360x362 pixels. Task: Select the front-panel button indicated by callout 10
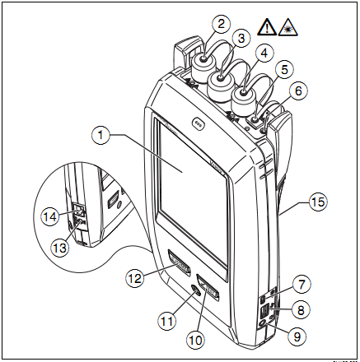pyautogui.click(x=208, y=292)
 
